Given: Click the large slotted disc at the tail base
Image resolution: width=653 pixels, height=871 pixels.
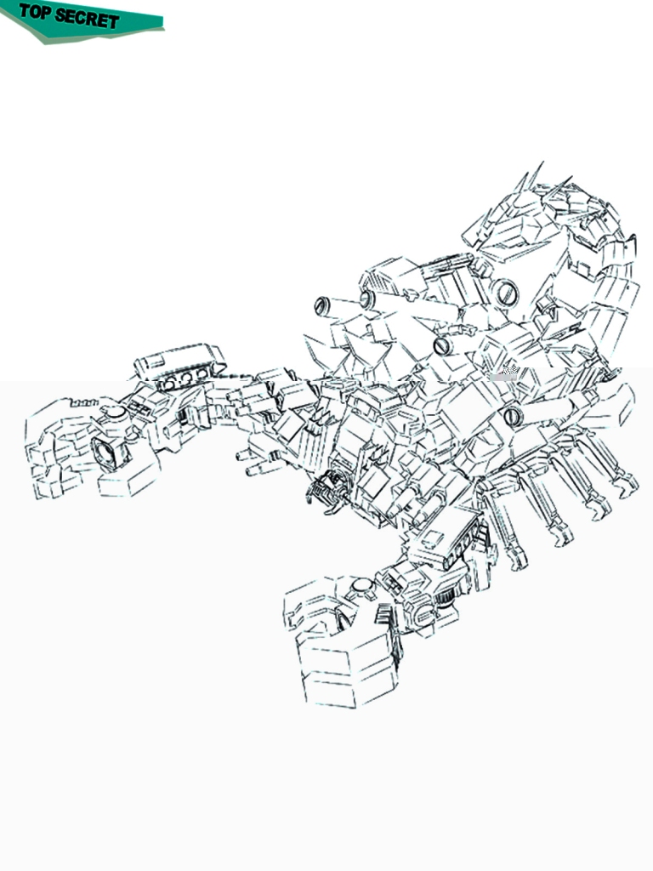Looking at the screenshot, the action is click(x=505, y=292).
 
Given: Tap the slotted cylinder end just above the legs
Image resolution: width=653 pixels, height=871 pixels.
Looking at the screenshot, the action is click(x=513, y=415).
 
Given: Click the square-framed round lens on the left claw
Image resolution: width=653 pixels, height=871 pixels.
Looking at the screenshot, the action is click(x=106, y=452).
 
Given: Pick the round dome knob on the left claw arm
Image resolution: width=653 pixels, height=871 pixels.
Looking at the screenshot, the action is click(x=115, y=412).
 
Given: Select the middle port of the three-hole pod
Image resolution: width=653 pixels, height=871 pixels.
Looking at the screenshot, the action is click(x=185, y=379).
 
